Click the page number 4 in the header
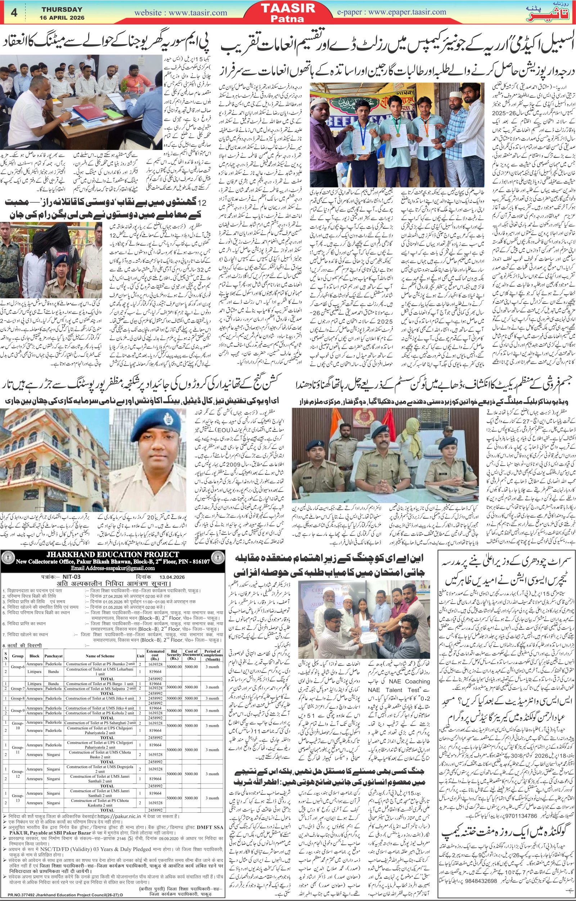click(14, 12)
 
